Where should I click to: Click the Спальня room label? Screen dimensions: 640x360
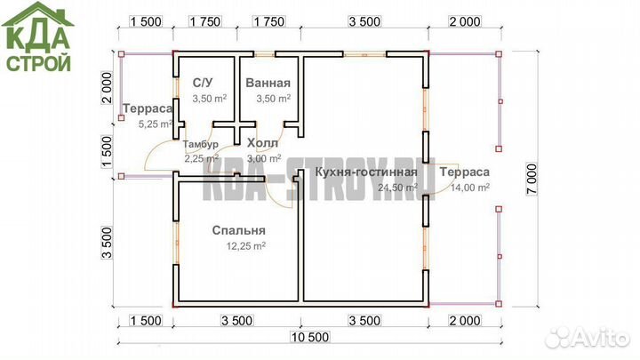pos(239,230)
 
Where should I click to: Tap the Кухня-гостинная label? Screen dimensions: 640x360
pos(366,172)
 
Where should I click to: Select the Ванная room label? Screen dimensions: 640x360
pos(268,83)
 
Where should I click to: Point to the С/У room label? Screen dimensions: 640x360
pos(203,83)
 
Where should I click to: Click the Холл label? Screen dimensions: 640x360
pos(262,143)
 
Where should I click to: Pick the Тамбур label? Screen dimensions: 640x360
pos(200,144)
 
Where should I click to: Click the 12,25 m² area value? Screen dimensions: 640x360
pos(246,246)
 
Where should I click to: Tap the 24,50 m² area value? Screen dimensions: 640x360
pos(397,188)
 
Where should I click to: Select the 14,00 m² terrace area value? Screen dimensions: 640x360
pos(470,188)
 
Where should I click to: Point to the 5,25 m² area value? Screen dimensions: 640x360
pos(156,124)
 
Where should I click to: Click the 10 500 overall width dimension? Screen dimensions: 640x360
pos(310,337)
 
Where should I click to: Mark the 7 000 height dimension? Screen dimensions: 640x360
pos(532,180)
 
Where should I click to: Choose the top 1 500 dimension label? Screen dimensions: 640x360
pos(146,21)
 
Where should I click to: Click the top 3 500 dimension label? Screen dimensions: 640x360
pos(364,21)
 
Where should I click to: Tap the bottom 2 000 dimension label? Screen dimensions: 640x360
pos(465,321)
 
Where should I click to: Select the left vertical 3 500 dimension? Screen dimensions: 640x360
pos(107,243)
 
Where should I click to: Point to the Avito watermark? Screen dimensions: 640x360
pos(588,338)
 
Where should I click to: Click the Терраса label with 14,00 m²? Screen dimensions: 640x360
pos(465,172)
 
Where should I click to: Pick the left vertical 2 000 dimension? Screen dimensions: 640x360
pos(107,88)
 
